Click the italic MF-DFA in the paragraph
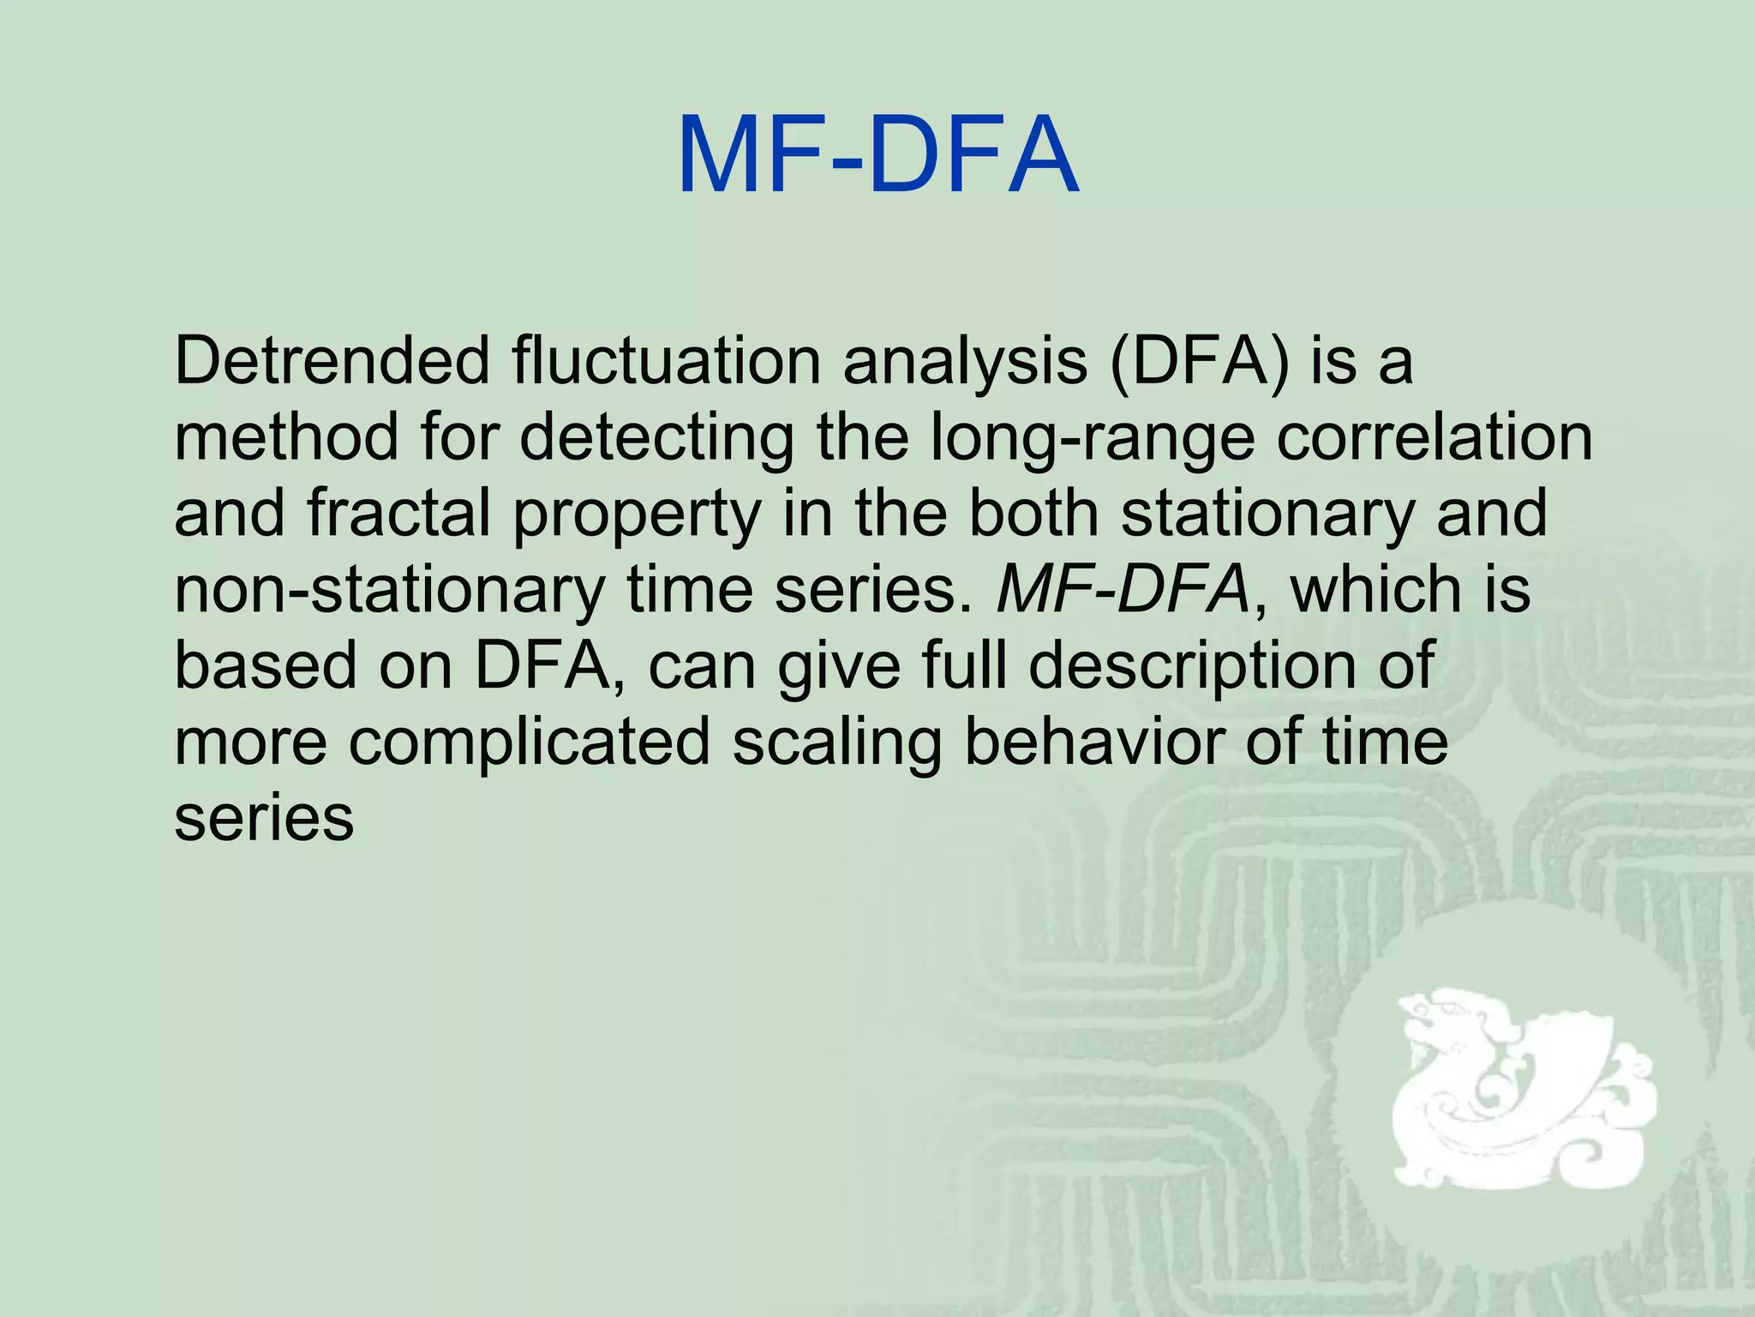tap(1123, 590)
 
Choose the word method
tap(286, 437)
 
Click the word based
tap(265, 665)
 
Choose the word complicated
tap(529, 743)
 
